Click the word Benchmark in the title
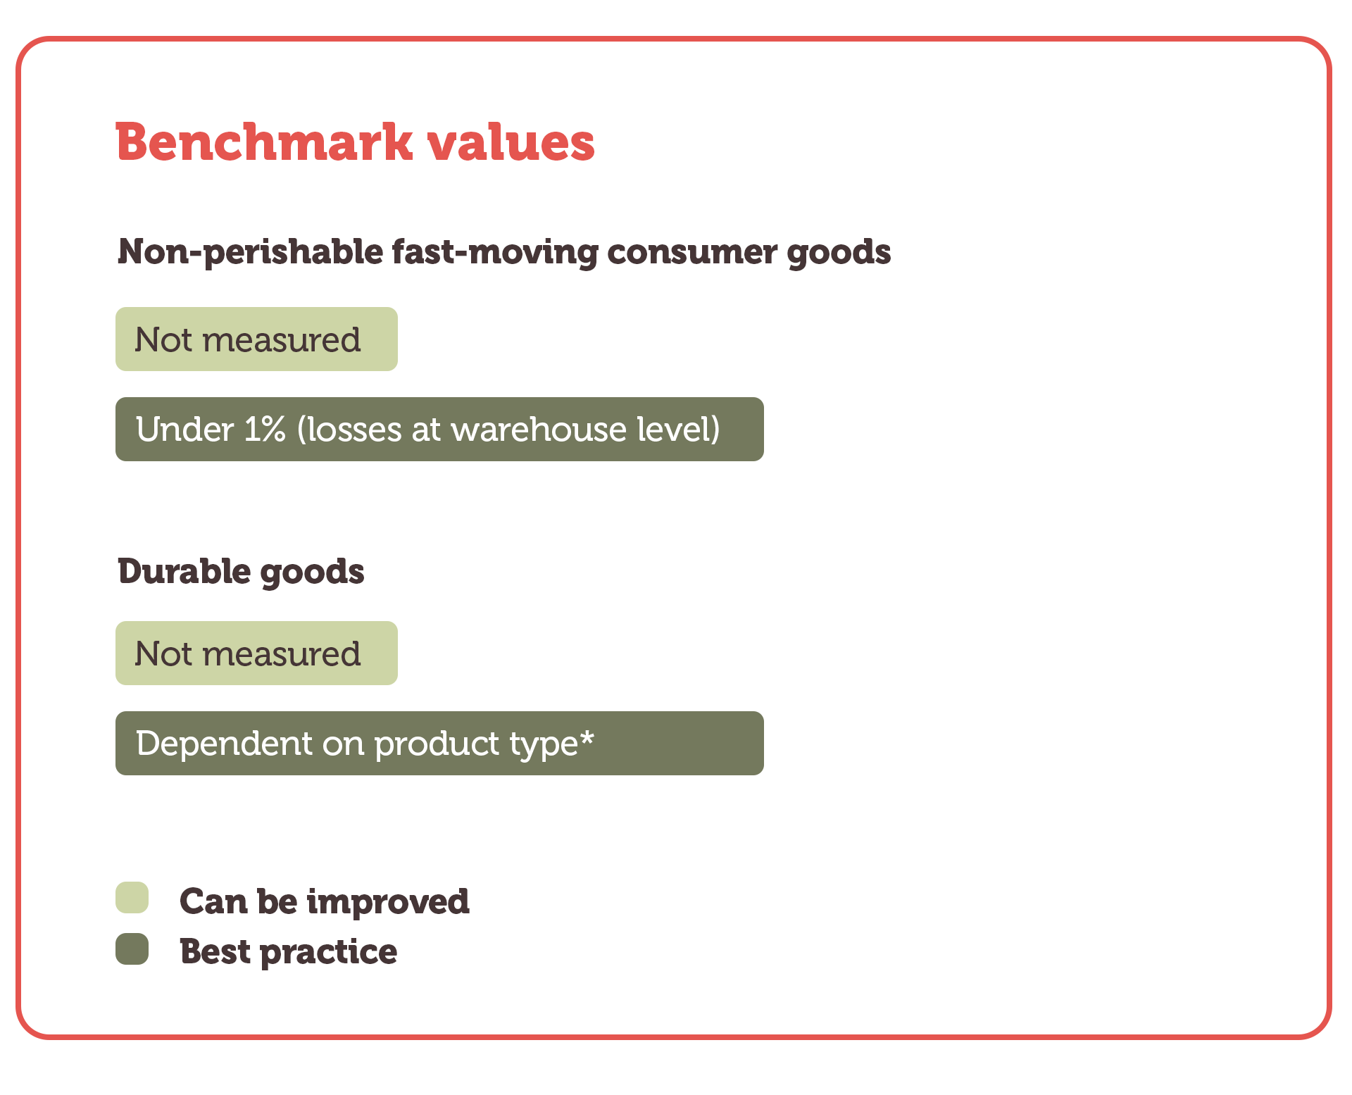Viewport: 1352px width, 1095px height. [x=264, y=142]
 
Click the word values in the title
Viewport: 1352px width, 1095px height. [x=511, y=142]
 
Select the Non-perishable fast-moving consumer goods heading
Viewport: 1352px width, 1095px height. [x=504, y=252]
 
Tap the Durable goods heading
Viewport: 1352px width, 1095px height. [x=241, y=572]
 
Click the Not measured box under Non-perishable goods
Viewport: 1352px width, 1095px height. [x=256, y=339]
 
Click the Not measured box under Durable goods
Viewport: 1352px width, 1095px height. [x=256, y=653]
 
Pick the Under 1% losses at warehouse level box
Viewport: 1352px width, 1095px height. [x=439, y=429]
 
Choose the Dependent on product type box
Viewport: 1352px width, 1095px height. [x=439, y=743]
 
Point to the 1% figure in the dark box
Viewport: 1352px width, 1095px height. [x=265, y=429]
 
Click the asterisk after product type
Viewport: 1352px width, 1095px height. [x=587, y=738]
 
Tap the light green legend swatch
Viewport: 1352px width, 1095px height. [x=132, y=897]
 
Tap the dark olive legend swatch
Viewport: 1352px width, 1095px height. [x=132, y=949]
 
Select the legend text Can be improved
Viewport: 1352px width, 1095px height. [x=325, y=901]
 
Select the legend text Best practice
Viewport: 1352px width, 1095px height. [x=289, y=952]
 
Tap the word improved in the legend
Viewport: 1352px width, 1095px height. [x=388, y=901]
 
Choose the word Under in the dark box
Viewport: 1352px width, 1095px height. [x=185, y=429]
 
